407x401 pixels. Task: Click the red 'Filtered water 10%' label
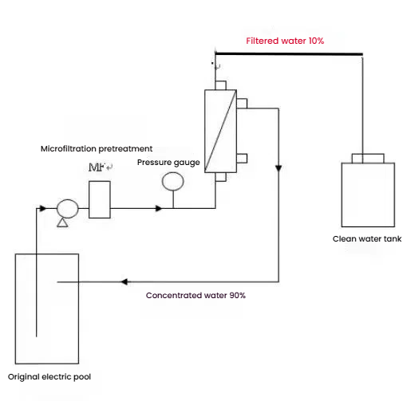point(285,41)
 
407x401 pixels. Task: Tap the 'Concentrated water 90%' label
point(196,295)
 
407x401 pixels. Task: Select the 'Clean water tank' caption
point(367,238)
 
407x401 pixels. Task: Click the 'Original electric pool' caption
point(49,377)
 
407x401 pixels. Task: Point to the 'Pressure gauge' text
point(168,163)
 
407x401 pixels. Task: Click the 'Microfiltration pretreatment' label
point(97,149)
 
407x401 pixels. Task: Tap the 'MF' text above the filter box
point(97,167)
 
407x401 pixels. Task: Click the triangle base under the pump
point(62,226)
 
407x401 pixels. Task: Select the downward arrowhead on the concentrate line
point(279,168)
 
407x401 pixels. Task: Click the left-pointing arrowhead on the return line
point(124,281)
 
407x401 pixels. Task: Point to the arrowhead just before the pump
point(42,208)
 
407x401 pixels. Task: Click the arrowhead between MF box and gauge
point(159,208)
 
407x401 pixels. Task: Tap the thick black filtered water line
point(289,54)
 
